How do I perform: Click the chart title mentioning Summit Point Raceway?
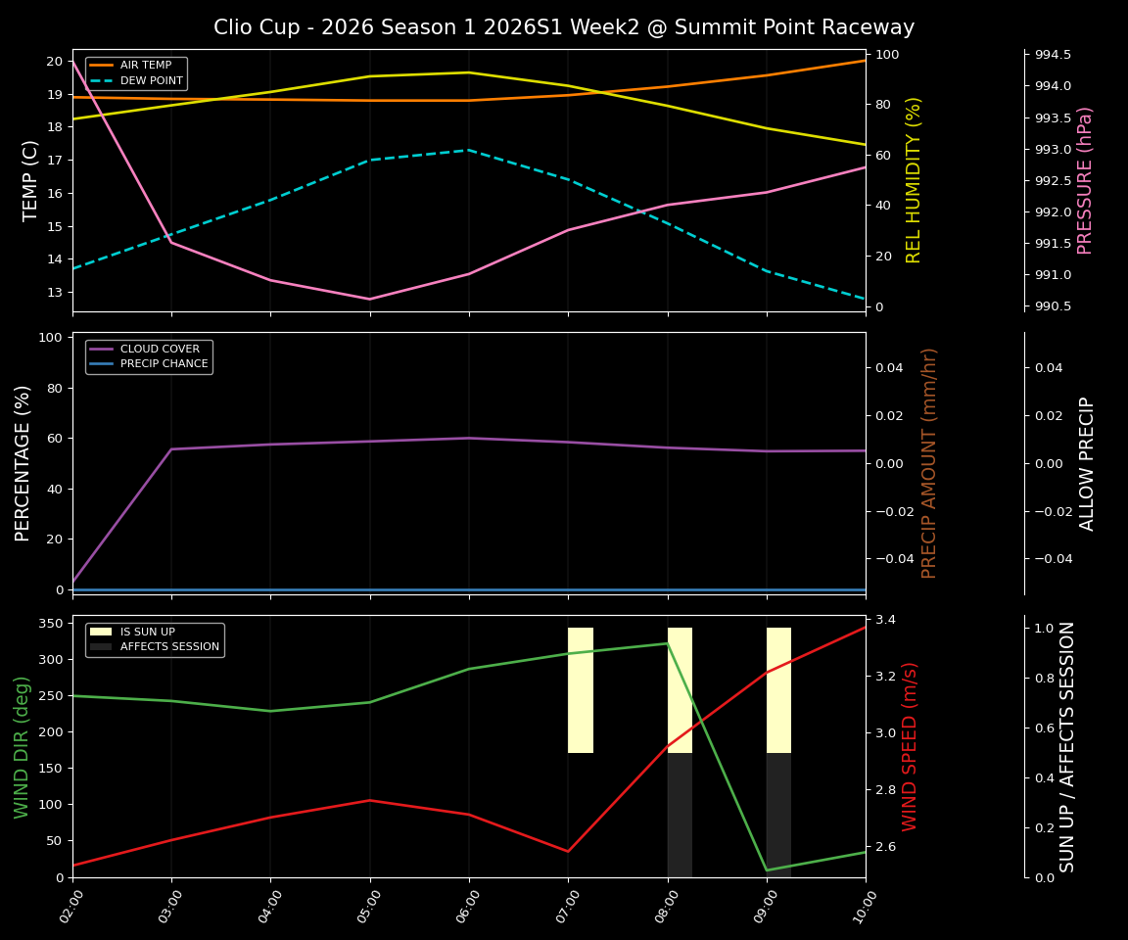point(564,27)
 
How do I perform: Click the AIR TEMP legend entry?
point(144,66)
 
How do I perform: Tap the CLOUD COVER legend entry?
point(159,349)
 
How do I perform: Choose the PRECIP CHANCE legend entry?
point(164,364)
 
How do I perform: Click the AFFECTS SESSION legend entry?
point(168,647)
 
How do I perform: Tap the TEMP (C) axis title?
point(31,180)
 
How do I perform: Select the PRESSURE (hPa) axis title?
point(1085,180)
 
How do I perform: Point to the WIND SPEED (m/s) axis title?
point(911,746)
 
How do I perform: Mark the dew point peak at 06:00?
point(469,150)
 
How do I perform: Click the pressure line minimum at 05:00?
point(370,300)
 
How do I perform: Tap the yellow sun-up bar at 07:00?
point(581,690)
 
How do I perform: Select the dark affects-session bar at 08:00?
point(680,815)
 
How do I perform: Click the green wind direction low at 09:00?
point(767,869)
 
